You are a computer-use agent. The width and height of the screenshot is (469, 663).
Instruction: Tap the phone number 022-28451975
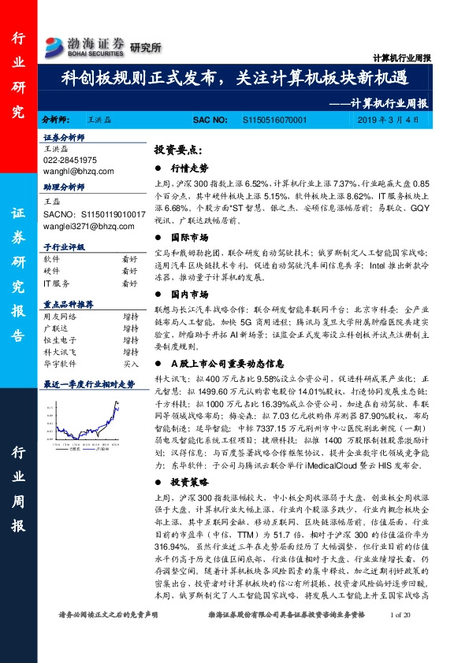coord(70,160)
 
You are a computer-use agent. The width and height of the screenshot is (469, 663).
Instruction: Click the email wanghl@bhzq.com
coord(79,170)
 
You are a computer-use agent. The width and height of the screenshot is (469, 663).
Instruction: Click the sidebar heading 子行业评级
coord(63,246)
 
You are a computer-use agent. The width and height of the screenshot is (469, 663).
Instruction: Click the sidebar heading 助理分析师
coord(63,188)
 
